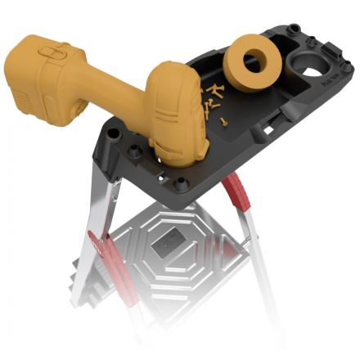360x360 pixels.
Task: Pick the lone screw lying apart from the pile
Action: pos(223,120)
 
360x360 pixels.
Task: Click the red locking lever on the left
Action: pos(101,245)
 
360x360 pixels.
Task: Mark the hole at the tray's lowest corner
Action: pos(181,184)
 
